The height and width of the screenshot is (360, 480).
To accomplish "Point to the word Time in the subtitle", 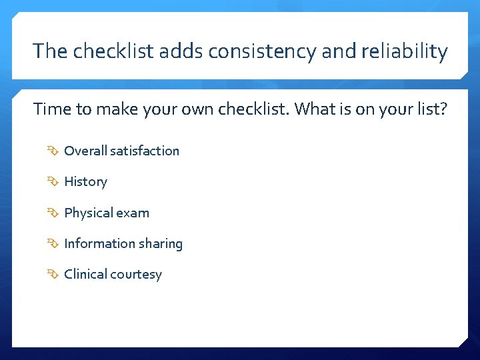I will tap(51, 109).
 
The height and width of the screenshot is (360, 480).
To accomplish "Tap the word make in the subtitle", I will tap(118, 109).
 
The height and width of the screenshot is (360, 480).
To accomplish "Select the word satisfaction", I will tap(145, 151).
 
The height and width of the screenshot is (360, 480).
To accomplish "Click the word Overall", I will tap(85, 151).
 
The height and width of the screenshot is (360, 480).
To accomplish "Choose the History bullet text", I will tap(85, 181).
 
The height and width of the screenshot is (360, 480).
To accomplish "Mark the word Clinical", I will tap(85, 274).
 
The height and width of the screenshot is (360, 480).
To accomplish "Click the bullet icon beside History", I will tap(53, 181).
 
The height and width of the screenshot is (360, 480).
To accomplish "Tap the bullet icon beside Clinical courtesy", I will tap(53, 274).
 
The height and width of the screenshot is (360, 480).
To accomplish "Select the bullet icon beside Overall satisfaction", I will tap(53, 151).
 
